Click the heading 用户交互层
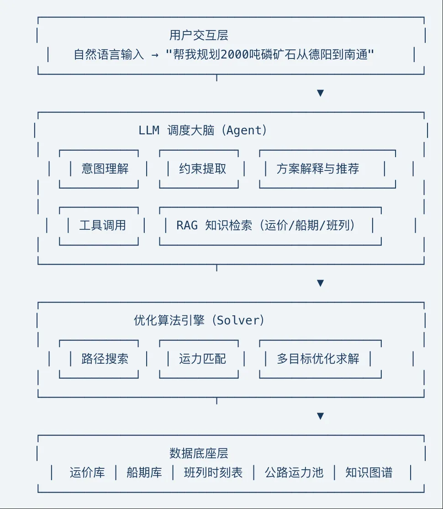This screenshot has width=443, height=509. tap(199, 35)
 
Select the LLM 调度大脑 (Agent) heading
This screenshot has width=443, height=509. tap(203, 131)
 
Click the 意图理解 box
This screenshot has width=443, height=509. tap(105, 169)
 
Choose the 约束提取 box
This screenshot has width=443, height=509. tap(203, 169)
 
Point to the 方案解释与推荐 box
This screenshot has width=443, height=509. tap(318, 169)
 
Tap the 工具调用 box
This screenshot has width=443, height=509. tap(102, 226)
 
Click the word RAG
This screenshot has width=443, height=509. tap(187, 226)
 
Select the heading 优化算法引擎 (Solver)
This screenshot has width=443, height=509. tap(199, 320)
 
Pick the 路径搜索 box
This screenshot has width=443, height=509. tap(105, 359)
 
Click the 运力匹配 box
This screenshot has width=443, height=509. tap(203, 359)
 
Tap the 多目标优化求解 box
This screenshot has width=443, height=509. tap(318, 359)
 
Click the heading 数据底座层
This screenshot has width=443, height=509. tap(199, 453)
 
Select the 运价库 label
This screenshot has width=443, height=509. tap(87, 472)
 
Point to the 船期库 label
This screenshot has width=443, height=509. tap(144, 472)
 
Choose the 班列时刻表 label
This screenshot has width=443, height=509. tap(213, 472)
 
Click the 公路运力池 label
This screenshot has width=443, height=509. tap(294, 472)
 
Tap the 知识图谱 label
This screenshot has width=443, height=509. tap(369, 472)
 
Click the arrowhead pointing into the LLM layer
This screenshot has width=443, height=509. tap(320, 93)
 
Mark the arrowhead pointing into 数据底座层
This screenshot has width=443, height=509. tap(320, 416)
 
